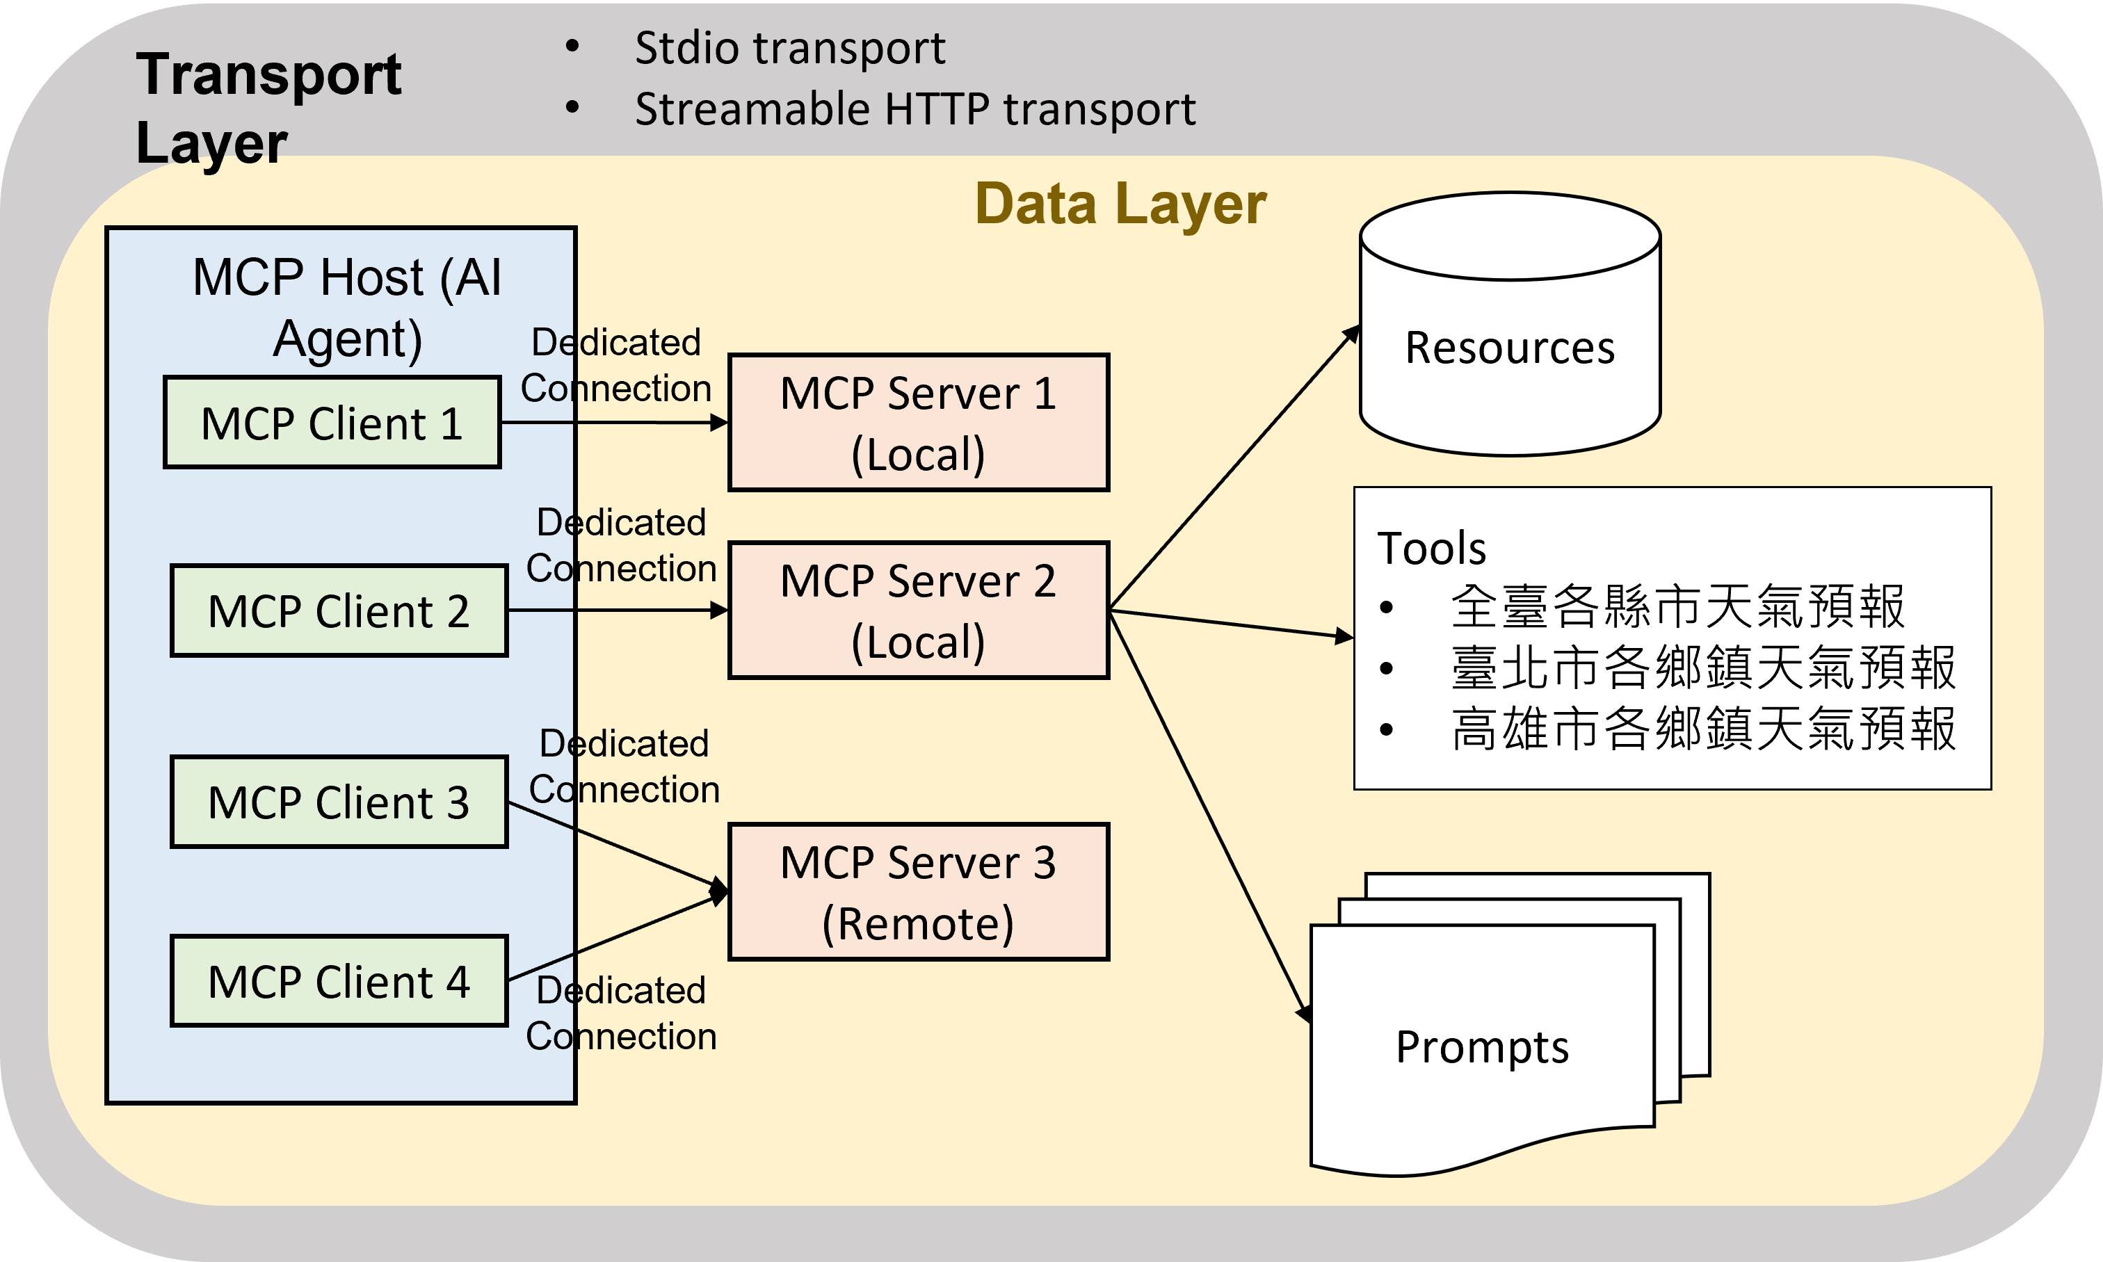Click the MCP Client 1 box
point(332,423)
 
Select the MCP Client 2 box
point(339,610)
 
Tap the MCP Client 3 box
point(339,802)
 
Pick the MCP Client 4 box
point(339,981)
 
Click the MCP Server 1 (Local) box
point(919,423)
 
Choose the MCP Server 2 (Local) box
point(919,610)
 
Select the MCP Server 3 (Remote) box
point(919,892)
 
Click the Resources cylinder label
point(1509,348)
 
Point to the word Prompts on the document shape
point(1482,1047)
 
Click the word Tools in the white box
point(1432,548)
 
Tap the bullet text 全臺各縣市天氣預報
point(1677,607)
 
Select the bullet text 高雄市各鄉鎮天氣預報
point(1703,729)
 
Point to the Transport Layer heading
point(268,107)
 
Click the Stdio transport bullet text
point(789,47)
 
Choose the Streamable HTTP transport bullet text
point(915,109)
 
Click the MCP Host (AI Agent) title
point(347,308)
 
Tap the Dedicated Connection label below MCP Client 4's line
point(621,1013)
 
